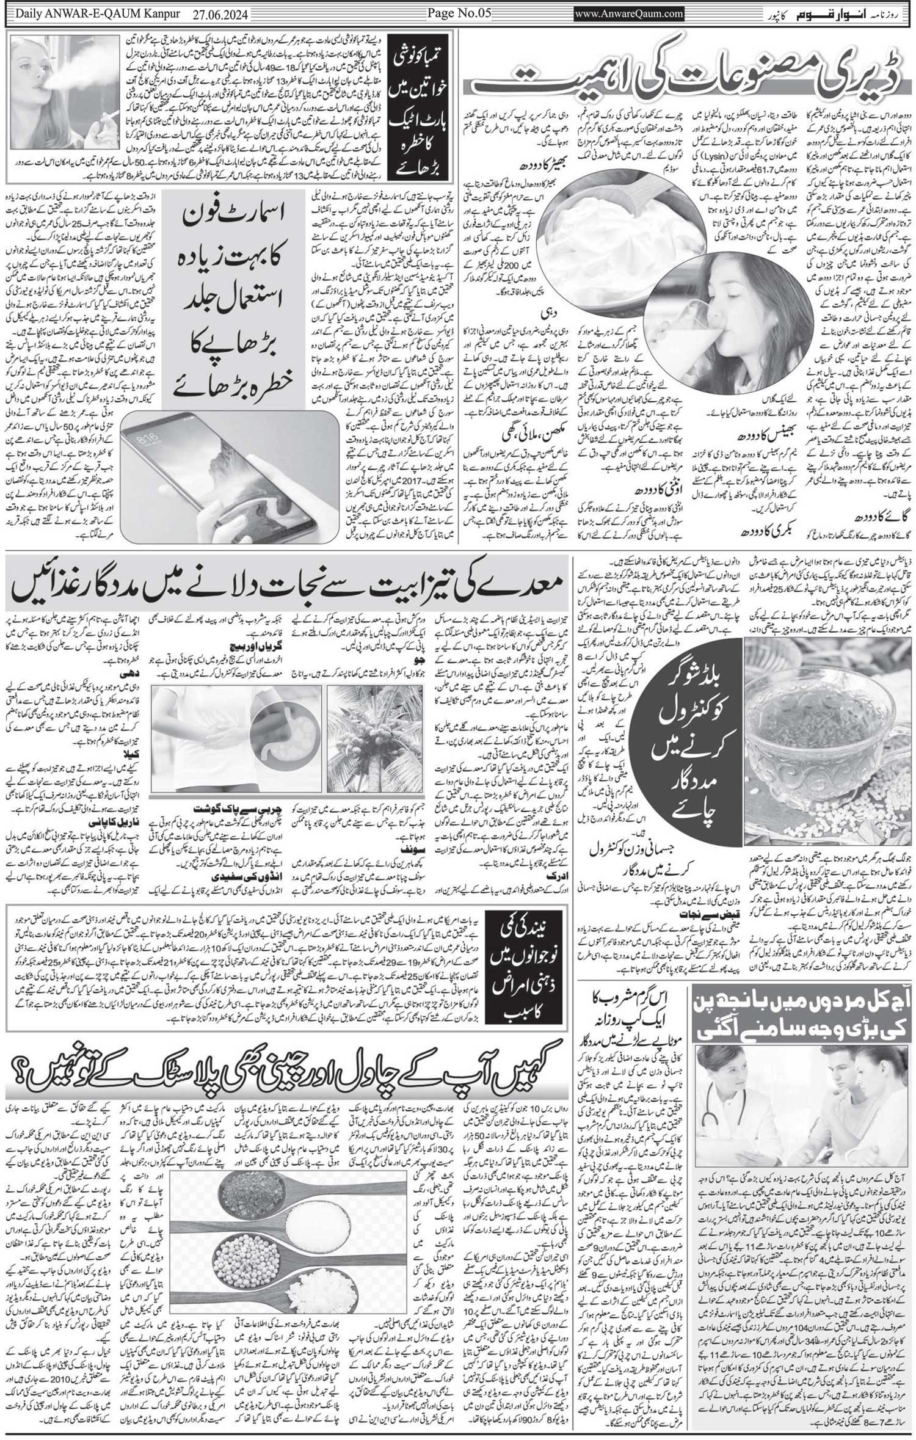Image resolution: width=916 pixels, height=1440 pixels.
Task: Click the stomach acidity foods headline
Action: [287, 589]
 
